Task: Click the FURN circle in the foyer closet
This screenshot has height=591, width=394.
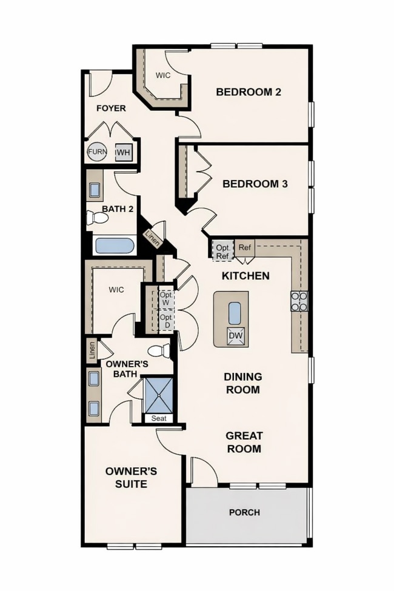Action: coord(97,152)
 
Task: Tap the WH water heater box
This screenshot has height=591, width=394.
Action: coord(123,152)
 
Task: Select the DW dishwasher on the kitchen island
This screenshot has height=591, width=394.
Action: coord(235,335)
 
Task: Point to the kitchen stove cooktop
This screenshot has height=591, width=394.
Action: coord(300,301)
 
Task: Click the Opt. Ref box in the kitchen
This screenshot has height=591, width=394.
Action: coord(222,250)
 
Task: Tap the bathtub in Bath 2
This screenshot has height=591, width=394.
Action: coord(115,247)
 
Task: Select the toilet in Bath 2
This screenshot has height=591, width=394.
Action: coord(96,218)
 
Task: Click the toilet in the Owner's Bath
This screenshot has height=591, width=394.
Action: coord(159,351)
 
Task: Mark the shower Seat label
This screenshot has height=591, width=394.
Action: coord(159,418)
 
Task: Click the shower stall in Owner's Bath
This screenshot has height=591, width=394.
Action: coord(159,395)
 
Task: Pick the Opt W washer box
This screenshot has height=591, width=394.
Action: coord(166,298)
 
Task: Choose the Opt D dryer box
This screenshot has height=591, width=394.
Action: coord(166,321)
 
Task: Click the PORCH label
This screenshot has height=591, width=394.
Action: coord(244,512)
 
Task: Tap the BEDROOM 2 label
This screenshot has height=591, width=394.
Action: coord(249,92)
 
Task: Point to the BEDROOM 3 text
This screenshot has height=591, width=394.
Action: coord(255,184)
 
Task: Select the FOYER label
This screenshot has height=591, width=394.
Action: coord(111,108)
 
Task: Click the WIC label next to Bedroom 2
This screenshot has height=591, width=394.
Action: coord(163,76)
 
